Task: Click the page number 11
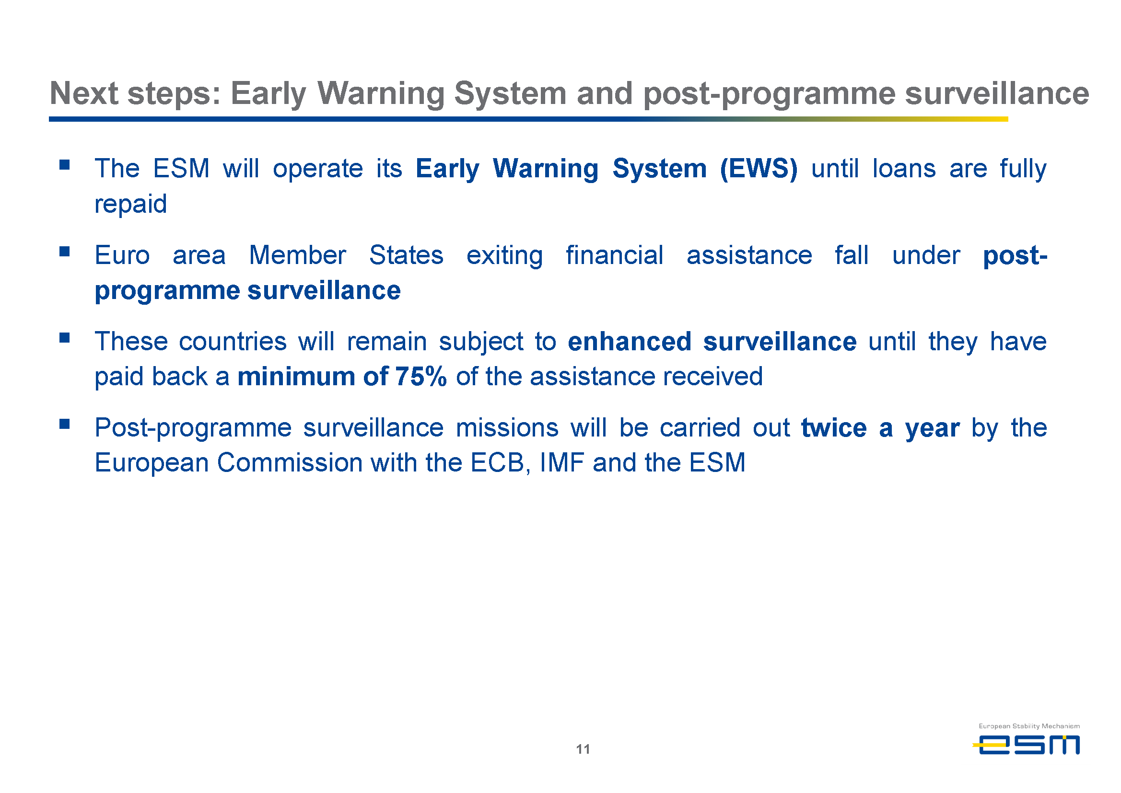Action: click(x=583, y=749)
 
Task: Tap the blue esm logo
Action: click(x=1026, y=745)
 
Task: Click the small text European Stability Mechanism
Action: click(x=1029, y=726)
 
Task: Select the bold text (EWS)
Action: click(x=759, y=169)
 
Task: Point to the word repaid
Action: click(x=130, y=205)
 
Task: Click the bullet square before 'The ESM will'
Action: click(x=65, y=164)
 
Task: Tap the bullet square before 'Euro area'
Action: click(x=65, y=251)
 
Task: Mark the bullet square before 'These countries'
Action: click(x=65, y=337)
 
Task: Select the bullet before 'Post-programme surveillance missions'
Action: click(x=65, y=424)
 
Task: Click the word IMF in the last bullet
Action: click(x=562, y=462)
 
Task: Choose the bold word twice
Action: click(x=834, y=428)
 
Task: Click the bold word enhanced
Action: click(x=630, y=341)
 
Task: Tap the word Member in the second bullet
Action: click(x=298, y=255)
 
